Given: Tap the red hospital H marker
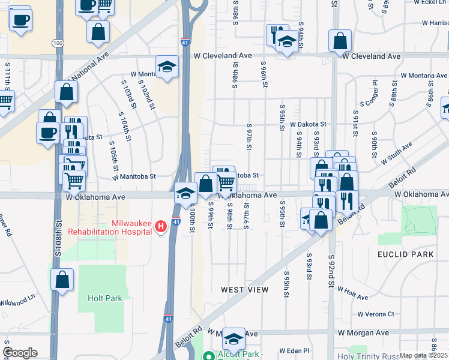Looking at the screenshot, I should point(160,226).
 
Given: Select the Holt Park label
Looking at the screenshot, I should point(104,298).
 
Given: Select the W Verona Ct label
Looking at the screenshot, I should point(376,314).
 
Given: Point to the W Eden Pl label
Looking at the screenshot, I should point(294,350).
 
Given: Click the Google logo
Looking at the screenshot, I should point(20,353).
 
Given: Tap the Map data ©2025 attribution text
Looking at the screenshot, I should point(424,355).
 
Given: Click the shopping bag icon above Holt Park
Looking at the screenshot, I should point(62,280).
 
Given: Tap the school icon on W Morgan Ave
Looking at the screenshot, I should point(233,338).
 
